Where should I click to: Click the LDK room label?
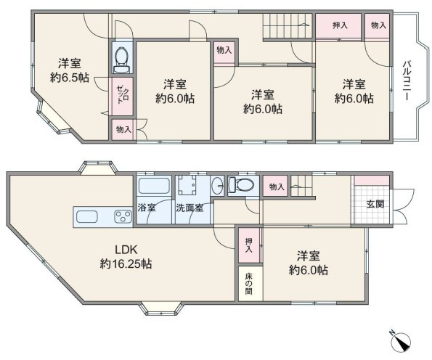[126, 250]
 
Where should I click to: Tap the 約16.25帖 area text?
[126, 264]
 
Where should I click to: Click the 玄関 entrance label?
[375, 204]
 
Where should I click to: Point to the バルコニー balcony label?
[407, 81]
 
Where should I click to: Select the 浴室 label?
[147, 208]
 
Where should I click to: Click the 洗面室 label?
[189, 208]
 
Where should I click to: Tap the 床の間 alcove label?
[248, 284]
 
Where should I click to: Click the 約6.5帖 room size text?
[70, 78]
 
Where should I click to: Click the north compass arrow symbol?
[401, 342]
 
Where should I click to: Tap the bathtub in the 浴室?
[154, 186]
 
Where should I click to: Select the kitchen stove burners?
[123, 216]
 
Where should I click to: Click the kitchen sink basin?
[87, 216]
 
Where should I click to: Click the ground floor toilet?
[240, 184]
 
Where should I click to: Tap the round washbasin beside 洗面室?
[219, 185]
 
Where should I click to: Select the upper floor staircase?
[288, 26]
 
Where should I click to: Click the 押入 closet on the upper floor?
[338, 25]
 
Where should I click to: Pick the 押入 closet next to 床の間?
[249, 245]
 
